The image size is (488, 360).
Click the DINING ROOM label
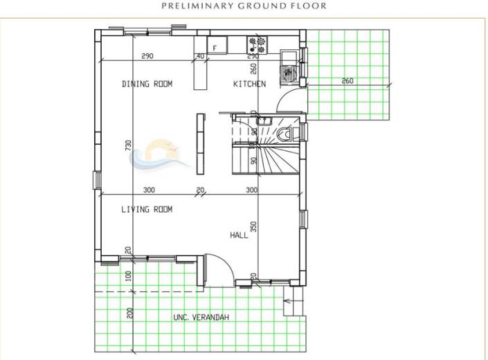click(x=147, y=84)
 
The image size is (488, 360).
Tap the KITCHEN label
click(x=248, y=84)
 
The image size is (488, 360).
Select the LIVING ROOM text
click(x=147, y=208)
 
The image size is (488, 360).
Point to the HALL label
click(x=239, y=235)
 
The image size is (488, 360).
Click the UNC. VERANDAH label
click(x=201, y=317)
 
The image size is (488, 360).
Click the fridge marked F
click(x=217, y=46)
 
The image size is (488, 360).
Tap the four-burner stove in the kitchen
click(x=257, y=46)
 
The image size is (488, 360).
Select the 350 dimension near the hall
click(x=255, y=226)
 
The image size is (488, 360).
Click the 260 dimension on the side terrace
click(x=347, y=81)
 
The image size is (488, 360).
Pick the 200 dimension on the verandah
click(x=129, y=312)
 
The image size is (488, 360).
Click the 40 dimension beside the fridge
click(x=201, y=55)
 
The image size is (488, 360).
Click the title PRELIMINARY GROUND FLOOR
click(x=244, y=6)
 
